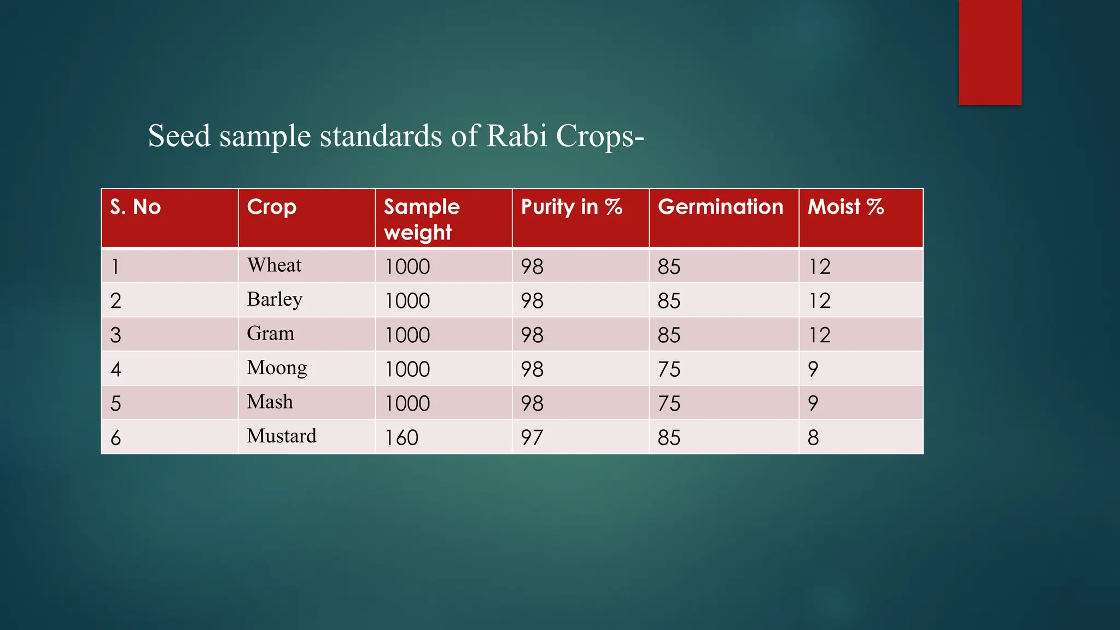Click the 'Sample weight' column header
[x=422, y=219]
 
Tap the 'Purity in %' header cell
[x=571, y=207]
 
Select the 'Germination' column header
[x=720, y=207]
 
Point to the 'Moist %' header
[x=845, y=207]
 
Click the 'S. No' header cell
[x=135, y=207]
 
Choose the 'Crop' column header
[x=271, y=207]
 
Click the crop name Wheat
[x=274, y=265]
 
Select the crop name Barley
[x=275, y=300]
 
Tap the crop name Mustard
[x=281, y=436]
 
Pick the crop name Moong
[x=277, y=368]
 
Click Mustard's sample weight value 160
[x=401, y=437]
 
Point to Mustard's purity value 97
[x=532, y=437]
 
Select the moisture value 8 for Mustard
[x=813, y=437]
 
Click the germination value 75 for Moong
[x=669, y=369]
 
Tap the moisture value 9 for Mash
[x=813, y=403]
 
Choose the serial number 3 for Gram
[x=115, y=335]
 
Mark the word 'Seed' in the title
[x=179, y=136]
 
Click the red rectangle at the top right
[x=990, y=52]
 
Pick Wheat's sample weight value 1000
[x=407, y=266]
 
